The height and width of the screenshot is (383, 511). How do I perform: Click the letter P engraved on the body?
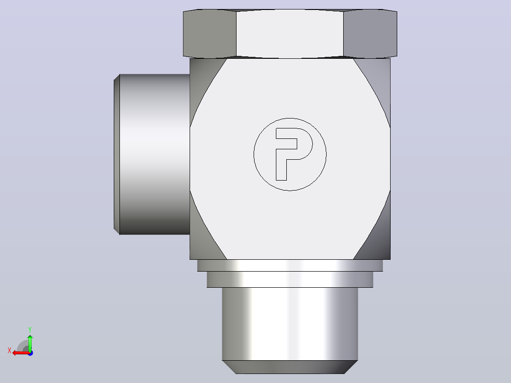(281, 163)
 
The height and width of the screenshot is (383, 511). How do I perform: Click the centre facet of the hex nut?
(290, 34)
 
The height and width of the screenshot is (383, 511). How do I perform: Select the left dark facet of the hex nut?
(210, 34)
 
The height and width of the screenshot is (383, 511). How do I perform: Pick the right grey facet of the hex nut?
(370, 34)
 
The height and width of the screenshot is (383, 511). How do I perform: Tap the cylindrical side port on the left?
(155, 154)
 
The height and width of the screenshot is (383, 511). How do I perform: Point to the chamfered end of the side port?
(117, 154)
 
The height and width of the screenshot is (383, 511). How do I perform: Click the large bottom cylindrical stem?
(290, 324)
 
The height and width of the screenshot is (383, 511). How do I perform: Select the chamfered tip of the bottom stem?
(290, 367)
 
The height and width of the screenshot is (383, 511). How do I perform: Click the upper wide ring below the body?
(290, 265)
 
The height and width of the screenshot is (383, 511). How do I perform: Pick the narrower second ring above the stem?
(290, 279)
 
